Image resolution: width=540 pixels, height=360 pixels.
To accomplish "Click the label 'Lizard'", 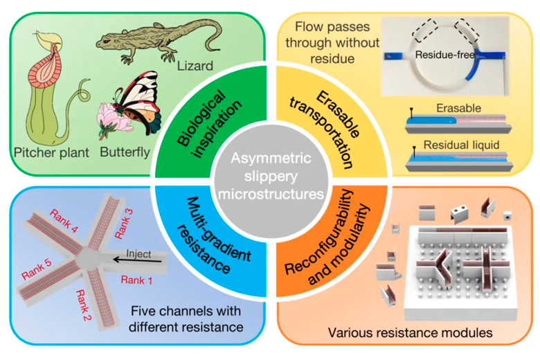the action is [195, 66].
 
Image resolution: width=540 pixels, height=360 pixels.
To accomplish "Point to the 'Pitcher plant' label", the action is [52, 152].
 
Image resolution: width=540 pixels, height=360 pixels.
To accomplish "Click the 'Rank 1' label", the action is [136, 280].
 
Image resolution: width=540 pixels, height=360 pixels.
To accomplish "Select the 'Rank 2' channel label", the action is [83, 305].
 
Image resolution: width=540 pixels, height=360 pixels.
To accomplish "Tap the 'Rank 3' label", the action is [124, 224].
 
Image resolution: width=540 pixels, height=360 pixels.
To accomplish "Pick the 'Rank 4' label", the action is [64, 221].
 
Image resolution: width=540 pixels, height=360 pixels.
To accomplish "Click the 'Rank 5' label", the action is [37, 269].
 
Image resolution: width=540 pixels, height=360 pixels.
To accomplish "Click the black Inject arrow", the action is [138, 260].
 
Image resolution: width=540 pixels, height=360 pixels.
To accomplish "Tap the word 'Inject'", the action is [138, 253].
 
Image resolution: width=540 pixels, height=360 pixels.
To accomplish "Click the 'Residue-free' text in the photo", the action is [444, 55].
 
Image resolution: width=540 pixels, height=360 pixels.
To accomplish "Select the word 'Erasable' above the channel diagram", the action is [459, 108].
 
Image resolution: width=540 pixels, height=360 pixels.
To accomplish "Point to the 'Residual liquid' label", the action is [462, 145].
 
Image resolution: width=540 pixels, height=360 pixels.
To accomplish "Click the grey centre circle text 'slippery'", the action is [271, 176].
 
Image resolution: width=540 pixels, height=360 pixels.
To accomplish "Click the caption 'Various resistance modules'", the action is [410, 332].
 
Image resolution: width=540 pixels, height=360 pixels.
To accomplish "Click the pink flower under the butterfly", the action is [112, 119].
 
